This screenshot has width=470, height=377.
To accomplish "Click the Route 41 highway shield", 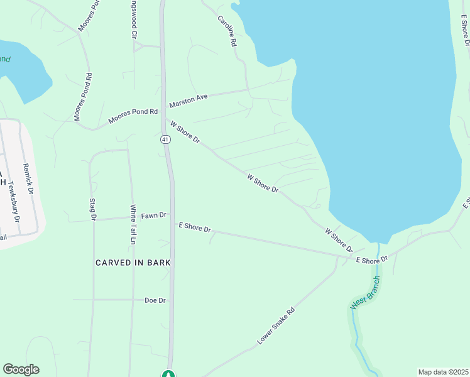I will tap(164, 139).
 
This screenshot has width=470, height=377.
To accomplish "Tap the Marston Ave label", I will tap(188, 99).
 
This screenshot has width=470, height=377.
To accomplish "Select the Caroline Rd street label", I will tap(227, 31).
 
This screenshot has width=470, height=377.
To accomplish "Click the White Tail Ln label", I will tap(133, 224).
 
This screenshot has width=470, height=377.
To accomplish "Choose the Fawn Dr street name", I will tap(153, 216).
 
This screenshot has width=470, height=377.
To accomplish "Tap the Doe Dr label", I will tap(155, 300).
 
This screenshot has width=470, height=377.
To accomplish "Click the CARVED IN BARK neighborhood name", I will tap(133, 262).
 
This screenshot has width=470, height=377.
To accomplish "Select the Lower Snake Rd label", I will tap(276, 325).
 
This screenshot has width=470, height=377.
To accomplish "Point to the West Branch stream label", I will tap(366, 293).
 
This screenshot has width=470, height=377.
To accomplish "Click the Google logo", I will tap(21, 369).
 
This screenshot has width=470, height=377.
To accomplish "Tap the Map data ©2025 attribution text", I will tap(442, 372).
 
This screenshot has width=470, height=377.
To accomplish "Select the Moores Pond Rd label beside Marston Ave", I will tap(133, 116).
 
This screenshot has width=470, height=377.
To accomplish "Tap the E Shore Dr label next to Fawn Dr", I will tap(195, 227).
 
